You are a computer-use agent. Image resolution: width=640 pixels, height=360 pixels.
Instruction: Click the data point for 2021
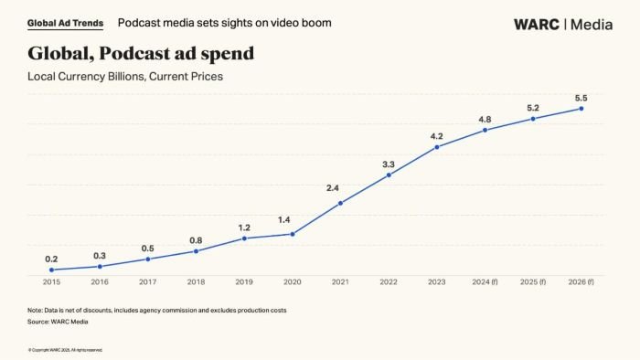pos(340,203)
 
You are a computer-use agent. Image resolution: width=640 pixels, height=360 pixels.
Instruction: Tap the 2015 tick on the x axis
pos(51,283)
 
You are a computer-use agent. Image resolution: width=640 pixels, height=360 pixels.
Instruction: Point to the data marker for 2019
pos(244,238)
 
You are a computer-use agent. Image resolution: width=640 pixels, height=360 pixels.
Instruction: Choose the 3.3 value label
pos(389,164)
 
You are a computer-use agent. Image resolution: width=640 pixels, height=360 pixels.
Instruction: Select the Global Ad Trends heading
pos(65,23)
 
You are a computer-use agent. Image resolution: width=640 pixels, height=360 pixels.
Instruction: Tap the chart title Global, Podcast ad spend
pos(141,54)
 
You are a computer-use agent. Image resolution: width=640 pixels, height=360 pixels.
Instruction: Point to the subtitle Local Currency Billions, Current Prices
pos(125,77)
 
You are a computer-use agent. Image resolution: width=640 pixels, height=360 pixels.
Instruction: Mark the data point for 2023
pos(437,147)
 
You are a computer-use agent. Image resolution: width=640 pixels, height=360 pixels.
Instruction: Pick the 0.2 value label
pos(51,259)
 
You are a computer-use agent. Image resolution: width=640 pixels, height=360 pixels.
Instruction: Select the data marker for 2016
pos(100,266)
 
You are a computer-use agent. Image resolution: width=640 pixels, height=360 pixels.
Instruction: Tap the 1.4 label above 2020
pos(293,220)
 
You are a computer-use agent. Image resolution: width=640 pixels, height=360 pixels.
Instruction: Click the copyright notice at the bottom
pos(65,350)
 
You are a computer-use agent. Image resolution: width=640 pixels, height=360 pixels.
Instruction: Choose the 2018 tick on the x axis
pos(196,283)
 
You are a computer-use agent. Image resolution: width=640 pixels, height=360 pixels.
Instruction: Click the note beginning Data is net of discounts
pos(156,311)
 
